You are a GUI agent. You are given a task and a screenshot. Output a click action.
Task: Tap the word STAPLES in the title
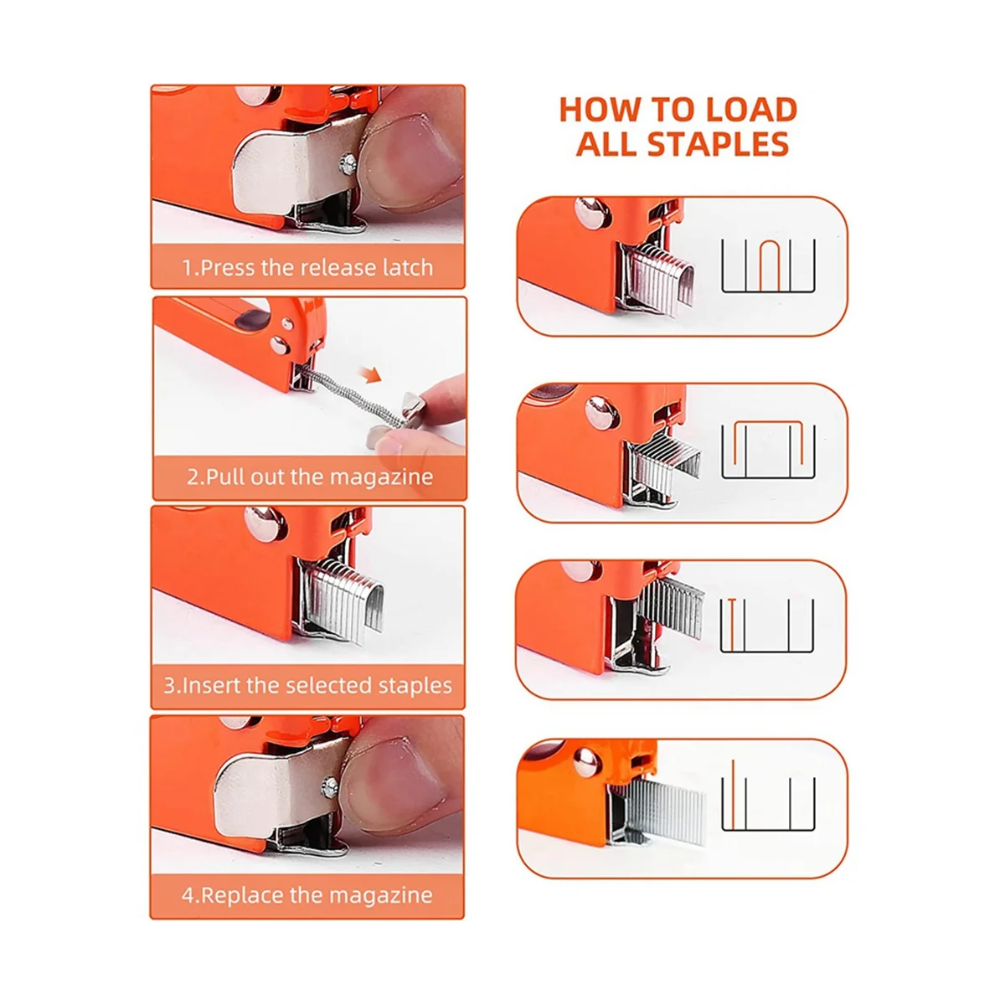tap(718, 144)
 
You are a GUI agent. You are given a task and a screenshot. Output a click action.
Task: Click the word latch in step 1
tap(408, 267)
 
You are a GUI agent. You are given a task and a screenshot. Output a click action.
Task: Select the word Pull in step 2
tap(225, 477)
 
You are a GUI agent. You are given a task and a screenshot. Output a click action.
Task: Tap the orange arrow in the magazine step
tap(369, 374)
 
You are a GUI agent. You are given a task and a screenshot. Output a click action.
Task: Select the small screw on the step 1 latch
tap(348, 165)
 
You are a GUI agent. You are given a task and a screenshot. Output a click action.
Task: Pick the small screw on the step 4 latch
tap(330, 788)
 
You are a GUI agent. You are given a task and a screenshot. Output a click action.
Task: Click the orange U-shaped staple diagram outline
tap(770, 265)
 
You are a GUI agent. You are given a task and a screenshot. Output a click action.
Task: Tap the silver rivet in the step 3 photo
tap(265, 523)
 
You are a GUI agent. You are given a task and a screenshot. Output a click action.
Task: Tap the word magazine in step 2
tap(381, 477)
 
